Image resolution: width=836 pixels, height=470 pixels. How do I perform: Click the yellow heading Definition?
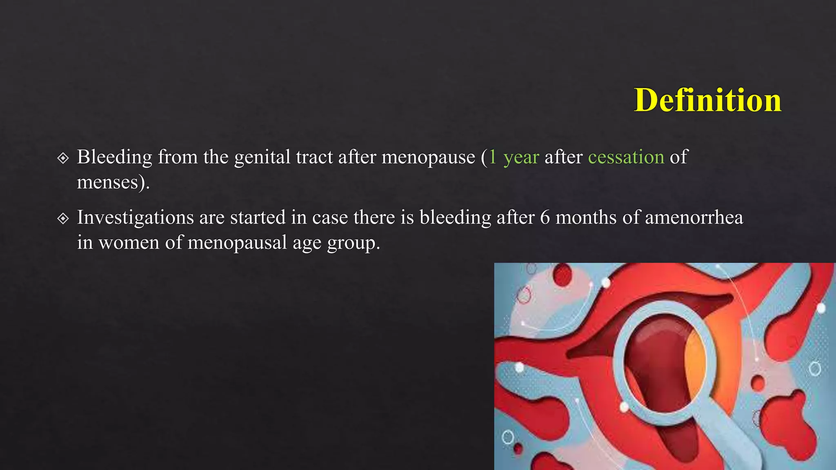click(707, 100)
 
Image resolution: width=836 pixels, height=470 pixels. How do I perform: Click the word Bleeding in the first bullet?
click(114, 157)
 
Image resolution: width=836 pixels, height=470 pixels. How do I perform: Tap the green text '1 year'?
click(514, 157)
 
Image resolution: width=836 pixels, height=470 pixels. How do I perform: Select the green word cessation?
click(626, 157)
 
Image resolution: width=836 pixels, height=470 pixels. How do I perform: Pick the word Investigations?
click(135, 217)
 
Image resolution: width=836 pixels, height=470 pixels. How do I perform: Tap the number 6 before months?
click(545, 217)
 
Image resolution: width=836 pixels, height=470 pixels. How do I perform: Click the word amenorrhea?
click(694, 217)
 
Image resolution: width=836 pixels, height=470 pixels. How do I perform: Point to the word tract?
click(314, 157)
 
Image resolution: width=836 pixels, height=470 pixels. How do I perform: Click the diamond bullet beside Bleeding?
click(63, 158)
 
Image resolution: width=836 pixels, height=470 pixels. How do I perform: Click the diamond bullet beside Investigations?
click(63, 218)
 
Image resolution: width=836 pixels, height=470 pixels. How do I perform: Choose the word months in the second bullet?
click(586, 217)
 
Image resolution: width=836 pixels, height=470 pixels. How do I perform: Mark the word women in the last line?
click(129, 243)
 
